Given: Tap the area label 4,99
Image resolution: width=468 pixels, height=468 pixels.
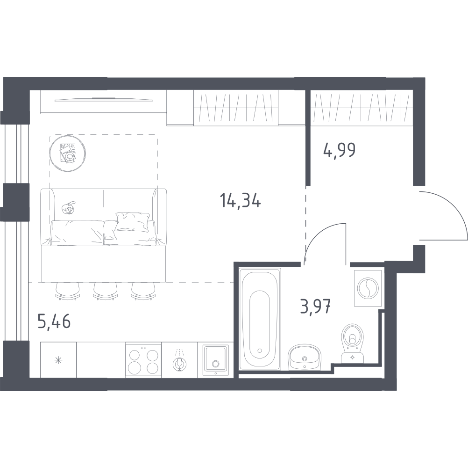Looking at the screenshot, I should point(340,151).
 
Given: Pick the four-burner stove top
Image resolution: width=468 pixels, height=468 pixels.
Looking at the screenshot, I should point(143,359).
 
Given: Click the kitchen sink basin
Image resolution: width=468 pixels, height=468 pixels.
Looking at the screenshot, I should point(215,359).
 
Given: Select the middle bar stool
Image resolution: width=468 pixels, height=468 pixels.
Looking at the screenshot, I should point(103,291).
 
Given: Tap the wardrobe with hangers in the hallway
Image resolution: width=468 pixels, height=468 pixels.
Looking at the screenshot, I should point(362,108).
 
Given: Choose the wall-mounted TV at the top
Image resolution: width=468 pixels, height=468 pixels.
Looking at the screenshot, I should point(103,99).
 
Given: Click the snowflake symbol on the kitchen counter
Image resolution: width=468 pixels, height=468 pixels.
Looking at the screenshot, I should point(58,359).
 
